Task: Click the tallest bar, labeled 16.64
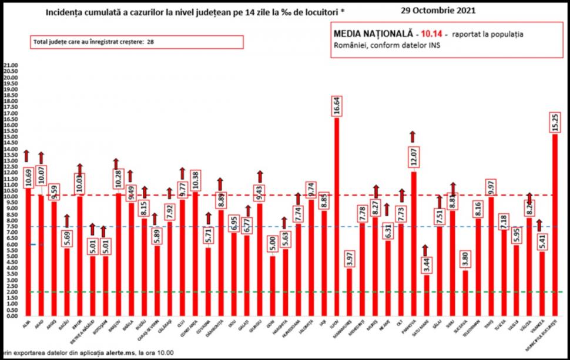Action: coord(337,217)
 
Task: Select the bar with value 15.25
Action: coord(555,226)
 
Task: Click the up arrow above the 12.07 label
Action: coord(413,136)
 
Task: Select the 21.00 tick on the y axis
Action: coord(11,65)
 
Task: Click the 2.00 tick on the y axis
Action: coord(11,292)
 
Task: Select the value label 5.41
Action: coord(542,237)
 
